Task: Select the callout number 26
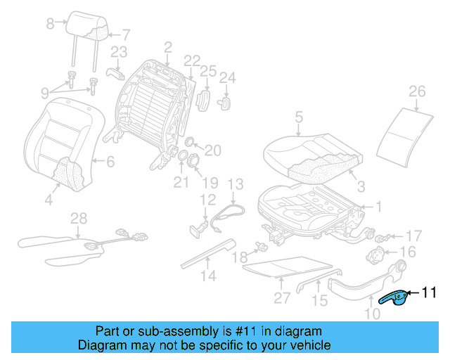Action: pos(417,91)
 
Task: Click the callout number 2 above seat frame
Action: pos(167,47)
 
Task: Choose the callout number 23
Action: pos(118,51)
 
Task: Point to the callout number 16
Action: pos(409,252)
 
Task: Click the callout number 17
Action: pos(413,235)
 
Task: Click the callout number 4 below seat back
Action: pos(49,200)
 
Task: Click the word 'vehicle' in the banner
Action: pos(312,345)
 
